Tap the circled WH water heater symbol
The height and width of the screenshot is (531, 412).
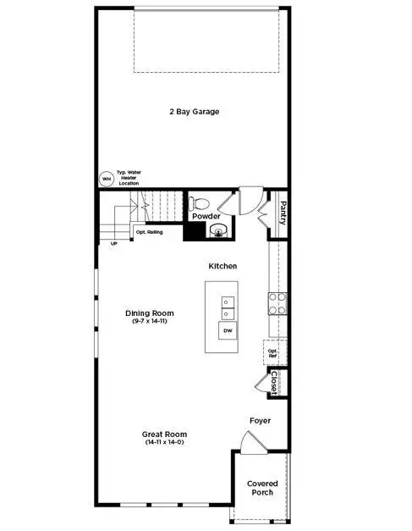click(107, 179)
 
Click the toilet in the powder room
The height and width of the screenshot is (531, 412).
click(199, 204)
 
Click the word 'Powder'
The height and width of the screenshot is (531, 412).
click(206, 217)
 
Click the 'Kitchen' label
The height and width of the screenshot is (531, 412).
click(223, 266)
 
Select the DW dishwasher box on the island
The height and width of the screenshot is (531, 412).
click(227, 330)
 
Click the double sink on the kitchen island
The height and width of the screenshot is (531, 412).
click(227, 302)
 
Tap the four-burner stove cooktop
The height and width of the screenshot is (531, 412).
click(276, 303)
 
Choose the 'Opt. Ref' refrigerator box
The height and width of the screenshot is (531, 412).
click(272, 352)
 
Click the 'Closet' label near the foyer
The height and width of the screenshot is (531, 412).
click(274, 383)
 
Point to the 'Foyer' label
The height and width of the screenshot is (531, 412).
click(260, 420)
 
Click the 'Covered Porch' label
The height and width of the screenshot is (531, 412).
click(261, 488)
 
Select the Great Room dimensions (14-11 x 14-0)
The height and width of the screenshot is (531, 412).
click(163, 443)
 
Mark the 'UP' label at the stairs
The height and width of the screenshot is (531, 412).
click(114, 244)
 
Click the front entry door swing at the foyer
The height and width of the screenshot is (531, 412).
click(250, 442)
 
